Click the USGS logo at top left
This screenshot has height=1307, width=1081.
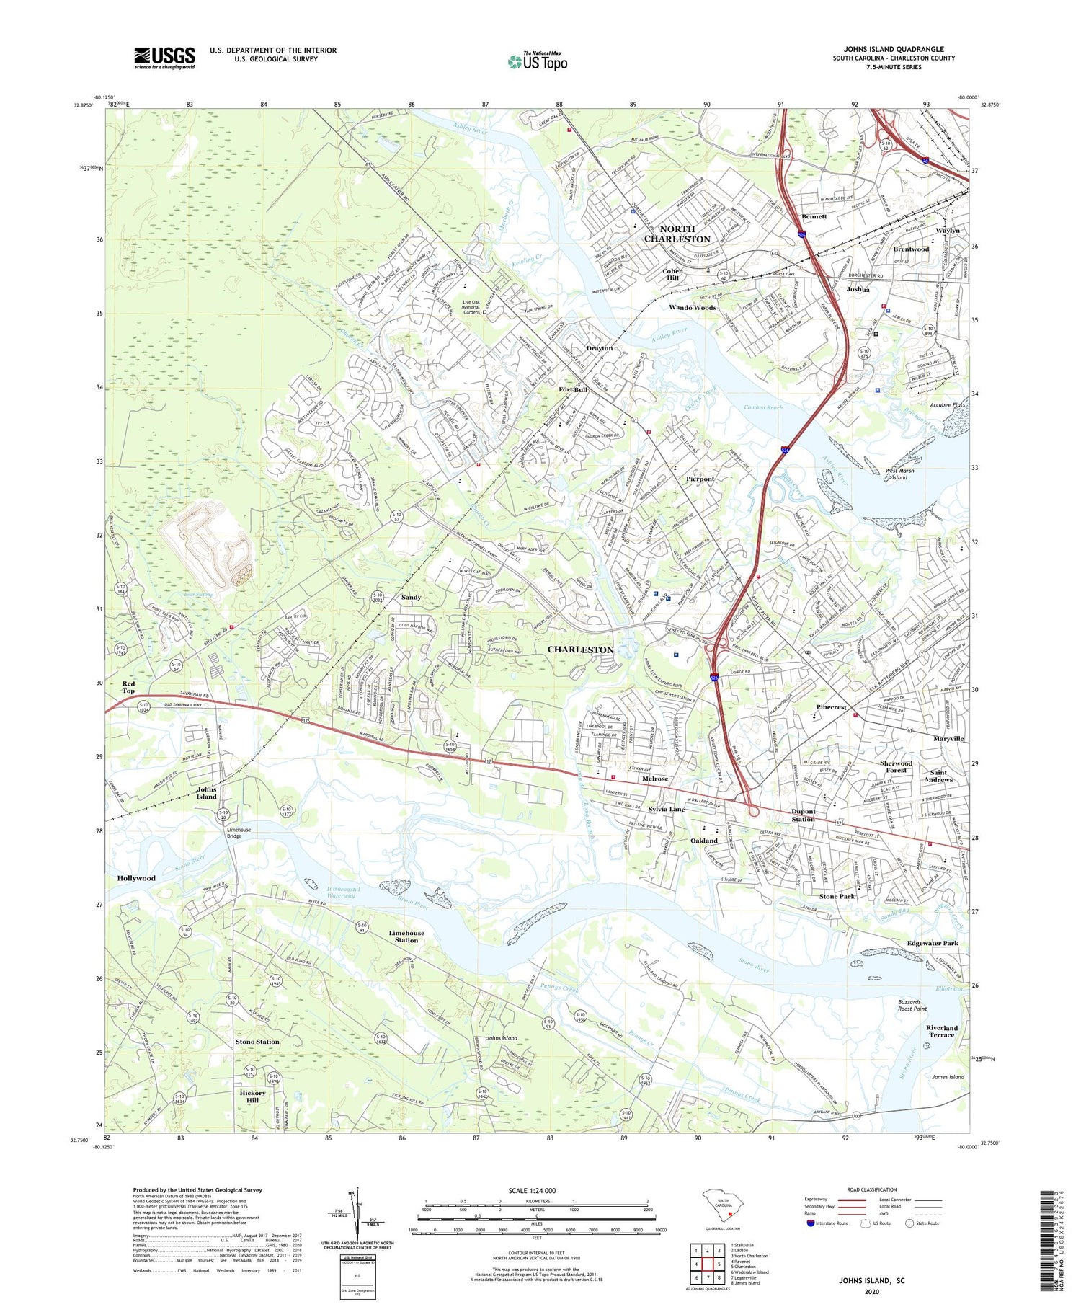[164, 58]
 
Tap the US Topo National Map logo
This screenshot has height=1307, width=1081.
[537, 62]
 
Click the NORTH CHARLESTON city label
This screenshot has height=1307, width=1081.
[677, 234]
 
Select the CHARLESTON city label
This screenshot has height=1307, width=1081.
[580, 650]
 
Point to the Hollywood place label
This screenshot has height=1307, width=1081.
[136, 878]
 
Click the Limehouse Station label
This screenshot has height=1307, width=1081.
[406, 936]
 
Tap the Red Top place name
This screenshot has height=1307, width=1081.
[128, 687]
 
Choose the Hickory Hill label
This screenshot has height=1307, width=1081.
[252, 1096]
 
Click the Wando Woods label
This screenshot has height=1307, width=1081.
[693, 308]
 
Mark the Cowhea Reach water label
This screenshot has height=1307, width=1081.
[762, 407]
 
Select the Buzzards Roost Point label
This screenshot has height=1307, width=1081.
[912, 1005]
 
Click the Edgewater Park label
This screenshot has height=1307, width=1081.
[933, 943]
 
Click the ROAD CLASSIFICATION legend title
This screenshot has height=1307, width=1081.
[872, 1190]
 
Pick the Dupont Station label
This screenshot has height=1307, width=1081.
[804, 815]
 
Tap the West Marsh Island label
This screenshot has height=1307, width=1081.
[899, 474]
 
